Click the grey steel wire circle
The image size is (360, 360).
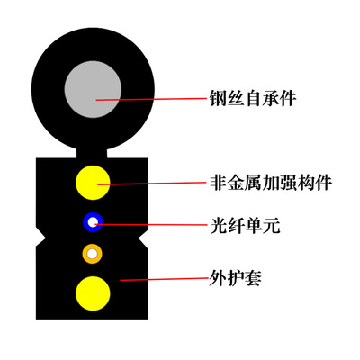coord(93,90)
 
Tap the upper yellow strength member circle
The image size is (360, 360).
coord(93,183)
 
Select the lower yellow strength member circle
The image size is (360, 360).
coord(93,293)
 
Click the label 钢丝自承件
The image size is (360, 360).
coord(253,99)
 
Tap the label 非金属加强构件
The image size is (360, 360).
coord(270,183)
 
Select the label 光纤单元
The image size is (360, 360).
coord(246,226)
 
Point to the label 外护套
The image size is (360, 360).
coord(235,278)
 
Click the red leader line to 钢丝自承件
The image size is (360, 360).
coord(151,99)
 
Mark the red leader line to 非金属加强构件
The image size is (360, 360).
coord(152,184)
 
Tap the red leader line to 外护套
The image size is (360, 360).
coord(165,279)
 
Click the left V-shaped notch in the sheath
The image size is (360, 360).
coord(40,238)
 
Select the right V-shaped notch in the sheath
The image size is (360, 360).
coord(143,238)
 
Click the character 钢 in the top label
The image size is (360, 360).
coord(218,99)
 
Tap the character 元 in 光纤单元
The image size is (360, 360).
coord(272,226)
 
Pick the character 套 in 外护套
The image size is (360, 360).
coord(253,278)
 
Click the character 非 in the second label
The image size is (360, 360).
coord(218,183)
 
